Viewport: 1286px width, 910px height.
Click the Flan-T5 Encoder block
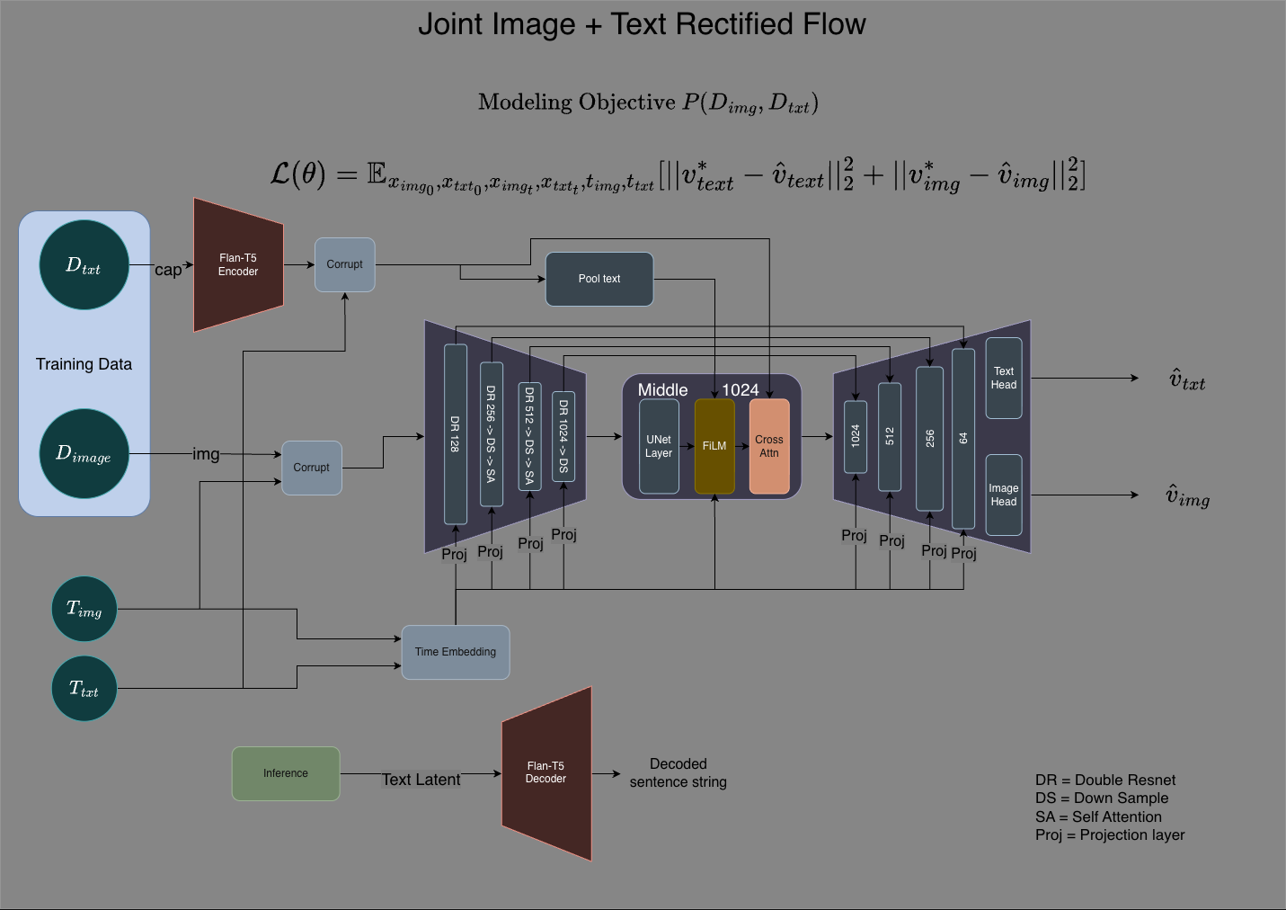pos(238,264)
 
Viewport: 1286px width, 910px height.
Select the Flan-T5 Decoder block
pos(546,773)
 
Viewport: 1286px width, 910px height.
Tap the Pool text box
pos(599,279)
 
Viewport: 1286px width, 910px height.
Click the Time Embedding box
pos(456,652)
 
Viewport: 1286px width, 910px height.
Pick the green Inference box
pos(286,773)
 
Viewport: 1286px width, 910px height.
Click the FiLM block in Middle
pos(714,446)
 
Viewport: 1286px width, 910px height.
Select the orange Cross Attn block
pos(769,446)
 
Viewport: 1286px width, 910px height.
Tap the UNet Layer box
pos(659,446)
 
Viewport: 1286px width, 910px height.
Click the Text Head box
pos(1004,378)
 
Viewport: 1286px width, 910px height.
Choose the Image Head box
pos(1004,495)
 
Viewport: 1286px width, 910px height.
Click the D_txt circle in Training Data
pos(84,265)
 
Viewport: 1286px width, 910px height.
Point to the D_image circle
pos(84,453)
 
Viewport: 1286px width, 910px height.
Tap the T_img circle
pos(84,609)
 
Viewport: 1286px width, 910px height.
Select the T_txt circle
pos(84,689)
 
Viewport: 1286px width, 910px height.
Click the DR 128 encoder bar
pos(456,433)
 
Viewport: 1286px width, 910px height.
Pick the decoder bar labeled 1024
pos(856,436)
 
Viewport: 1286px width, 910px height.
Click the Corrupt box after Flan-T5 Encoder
pos(345,264)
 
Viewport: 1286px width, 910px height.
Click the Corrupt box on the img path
pos(312,468)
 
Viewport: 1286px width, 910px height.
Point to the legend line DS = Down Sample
pos(1101,798)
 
